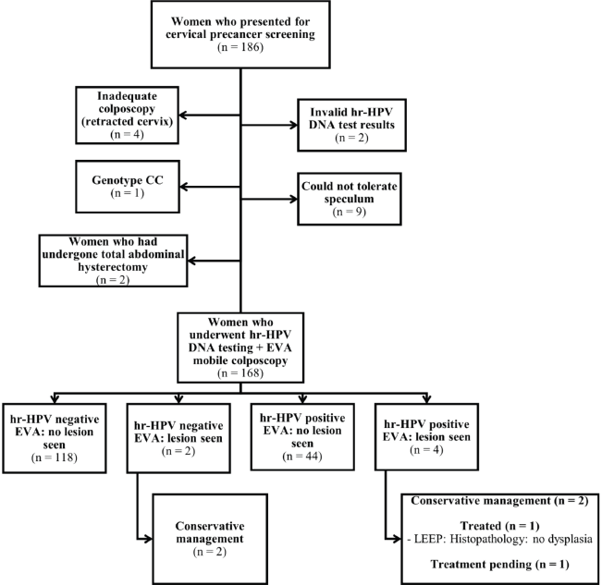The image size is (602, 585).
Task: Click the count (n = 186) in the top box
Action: (x=240, y=47)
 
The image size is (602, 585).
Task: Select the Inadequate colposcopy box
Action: (x=127, y=116)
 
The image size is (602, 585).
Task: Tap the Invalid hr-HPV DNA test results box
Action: (x=351, y=125)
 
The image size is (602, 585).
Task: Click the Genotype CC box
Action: (x=128, y=187)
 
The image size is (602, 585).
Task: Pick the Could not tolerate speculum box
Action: (x=350, y=199)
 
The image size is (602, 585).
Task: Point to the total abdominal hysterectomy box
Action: (x=113, y=261)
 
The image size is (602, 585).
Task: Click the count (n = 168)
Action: (x=240, y=372)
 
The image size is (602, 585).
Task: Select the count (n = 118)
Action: (x=55, y=457)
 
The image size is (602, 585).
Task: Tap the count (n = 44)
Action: (x=302, y=457)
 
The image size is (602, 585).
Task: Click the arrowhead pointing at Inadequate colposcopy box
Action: (x=183, y=116)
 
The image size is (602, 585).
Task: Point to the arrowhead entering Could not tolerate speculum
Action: (x=294, y=199)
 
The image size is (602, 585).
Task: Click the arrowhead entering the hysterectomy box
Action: (x=191, y=261)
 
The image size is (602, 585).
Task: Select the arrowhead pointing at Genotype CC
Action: (x=183, y=187)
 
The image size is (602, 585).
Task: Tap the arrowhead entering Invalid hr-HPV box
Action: (x=294, y=125)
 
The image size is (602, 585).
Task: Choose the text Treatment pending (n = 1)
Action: (x=499, y=565)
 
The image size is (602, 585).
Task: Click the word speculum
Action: (x=349, y=199)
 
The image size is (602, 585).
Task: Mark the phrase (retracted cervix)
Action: (x=127, y=122)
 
